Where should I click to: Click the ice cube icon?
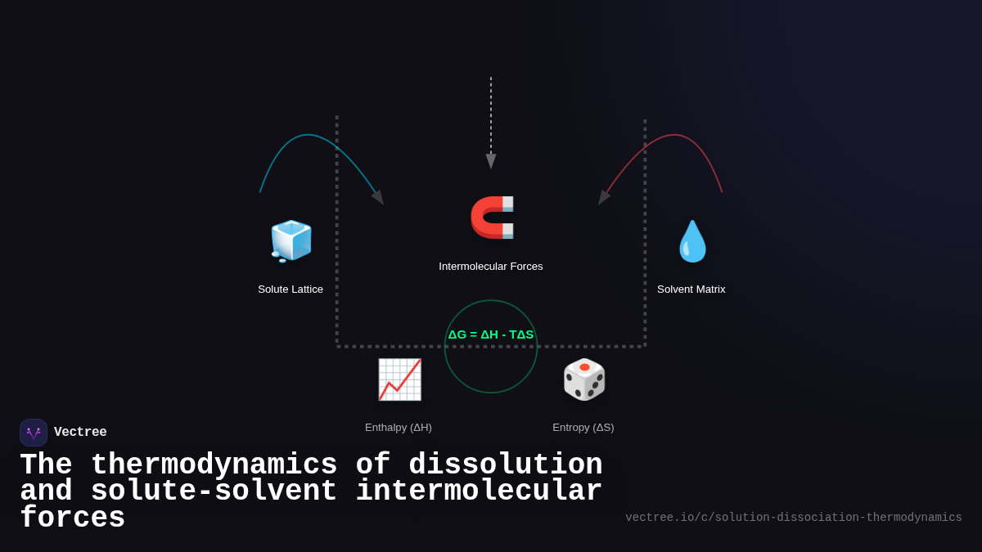(x=291, y=240)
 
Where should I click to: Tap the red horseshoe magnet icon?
(x=492, y=218)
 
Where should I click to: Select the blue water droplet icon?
(x=692, y=241)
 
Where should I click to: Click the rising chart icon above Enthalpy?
(x=399, y=379)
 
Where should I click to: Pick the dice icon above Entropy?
(x=583, y=379)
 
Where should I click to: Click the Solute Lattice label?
(x=291, y=289)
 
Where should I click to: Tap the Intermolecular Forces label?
(x=491, y=266)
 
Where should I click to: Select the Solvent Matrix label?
(x=691, y=289)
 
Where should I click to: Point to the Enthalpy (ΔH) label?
(x=399, y=427)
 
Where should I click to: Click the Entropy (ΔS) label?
(x=583, y=427)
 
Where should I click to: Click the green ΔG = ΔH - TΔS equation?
(x=491, y=334)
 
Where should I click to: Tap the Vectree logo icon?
(x=34, y=433)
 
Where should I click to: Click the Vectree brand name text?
(x=80, y=433)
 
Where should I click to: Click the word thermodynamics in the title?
(x=214, y=465)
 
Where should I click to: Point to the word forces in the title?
(x=72, y=518)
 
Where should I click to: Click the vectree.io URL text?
(x=794, y=518)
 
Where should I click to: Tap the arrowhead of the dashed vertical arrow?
(x=491, y=161)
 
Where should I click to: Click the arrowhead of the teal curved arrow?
(x=378, y=197)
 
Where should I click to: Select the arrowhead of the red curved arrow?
(x=604, y=197)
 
